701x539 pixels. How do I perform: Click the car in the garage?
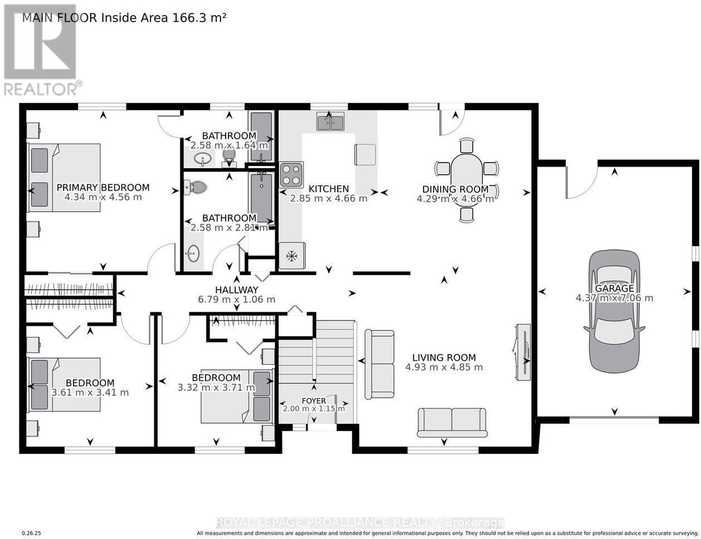[614, 311]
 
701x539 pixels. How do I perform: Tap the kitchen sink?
[330, 121]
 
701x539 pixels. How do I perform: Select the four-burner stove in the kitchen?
[291, 174]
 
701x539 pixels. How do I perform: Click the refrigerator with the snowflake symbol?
[292, 256]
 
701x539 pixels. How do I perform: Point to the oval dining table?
[467, 180]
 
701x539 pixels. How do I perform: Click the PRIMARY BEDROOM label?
[103, 187]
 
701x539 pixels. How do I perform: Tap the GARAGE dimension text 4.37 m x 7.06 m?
[615, 298]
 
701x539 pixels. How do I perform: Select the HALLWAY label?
[237, 289]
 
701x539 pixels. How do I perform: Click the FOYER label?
[314, 401]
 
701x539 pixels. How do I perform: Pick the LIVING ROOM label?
[444, 357]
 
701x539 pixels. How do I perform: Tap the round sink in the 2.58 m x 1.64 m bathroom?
[203, 159]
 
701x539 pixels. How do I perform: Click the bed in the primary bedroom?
[64, 178]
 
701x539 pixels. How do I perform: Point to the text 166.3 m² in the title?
[199, 18]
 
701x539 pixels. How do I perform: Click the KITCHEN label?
[329, 189]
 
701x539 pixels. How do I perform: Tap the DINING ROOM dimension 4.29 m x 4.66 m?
[455, 199]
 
